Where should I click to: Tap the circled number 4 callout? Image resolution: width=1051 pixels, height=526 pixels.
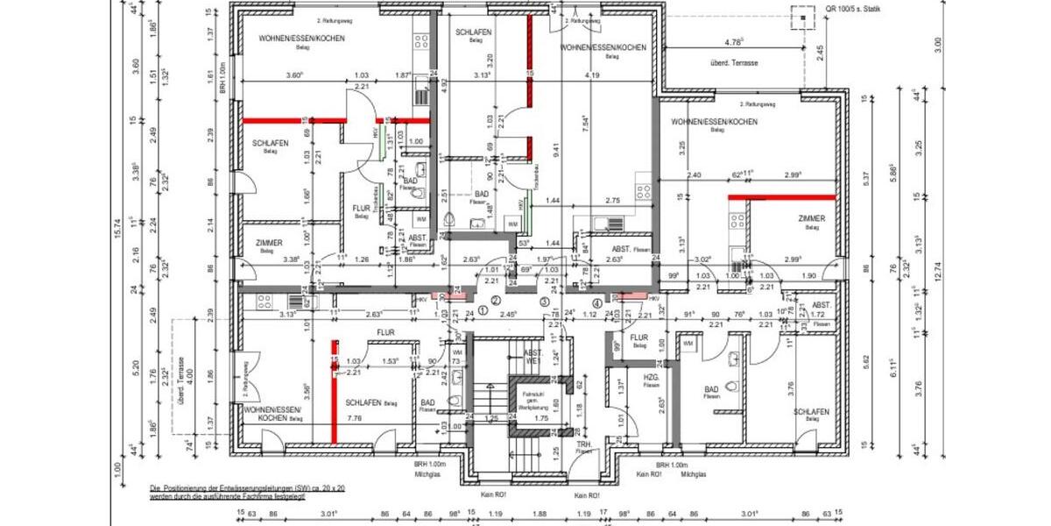(x=596, y=305)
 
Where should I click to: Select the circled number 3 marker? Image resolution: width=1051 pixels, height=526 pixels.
(x=545, y=302)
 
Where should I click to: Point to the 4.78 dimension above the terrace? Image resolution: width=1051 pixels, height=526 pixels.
(x=733, y=42)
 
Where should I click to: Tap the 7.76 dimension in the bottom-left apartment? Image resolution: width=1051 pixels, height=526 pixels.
(x=355, y=419)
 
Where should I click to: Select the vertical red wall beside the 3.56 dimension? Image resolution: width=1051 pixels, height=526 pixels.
(x=334, y=390)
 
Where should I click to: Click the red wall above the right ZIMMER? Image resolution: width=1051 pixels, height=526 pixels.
(x=782, y=197)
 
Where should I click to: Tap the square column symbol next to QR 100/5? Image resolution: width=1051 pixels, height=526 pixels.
(x=801, y=16)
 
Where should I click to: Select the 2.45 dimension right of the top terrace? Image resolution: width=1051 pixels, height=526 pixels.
(x=820, y=53)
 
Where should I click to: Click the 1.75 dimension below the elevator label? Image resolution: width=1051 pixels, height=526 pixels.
(x=542, y=419)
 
